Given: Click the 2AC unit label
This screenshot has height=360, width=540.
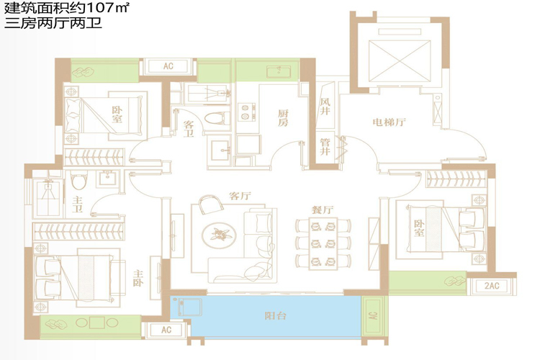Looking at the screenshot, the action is coord(492,286).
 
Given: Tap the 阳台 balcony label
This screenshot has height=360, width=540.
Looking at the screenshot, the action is coord(276,315).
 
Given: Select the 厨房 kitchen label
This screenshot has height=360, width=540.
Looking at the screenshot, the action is coord(283,118).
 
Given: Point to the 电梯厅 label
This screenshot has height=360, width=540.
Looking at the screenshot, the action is coord(389,122).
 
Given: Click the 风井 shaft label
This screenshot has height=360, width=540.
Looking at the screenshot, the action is coord(325,106).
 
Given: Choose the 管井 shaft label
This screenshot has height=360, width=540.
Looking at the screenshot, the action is coord(325,146).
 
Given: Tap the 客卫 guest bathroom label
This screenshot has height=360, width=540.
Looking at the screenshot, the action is coord(189,129).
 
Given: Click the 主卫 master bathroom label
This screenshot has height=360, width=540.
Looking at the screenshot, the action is coord(77,204).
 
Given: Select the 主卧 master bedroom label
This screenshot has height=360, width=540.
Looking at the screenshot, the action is coord(138,278).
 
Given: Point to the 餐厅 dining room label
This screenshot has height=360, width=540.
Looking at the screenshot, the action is coord(323,210).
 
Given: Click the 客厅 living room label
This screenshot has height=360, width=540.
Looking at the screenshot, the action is coord(240,196).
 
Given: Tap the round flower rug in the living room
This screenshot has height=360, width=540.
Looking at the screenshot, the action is coord(219,235).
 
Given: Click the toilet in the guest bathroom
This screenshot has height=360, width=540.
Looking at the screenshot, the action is coord(217,118).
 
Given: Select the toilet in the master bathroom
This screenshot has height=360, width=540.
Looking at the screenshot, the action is coord(79,181).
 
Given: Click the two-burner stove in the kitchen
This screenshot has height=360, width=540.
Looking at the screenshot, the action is coord(246,112).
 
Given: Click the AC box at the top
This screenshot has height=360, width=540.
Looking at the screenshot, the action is coord(168,66).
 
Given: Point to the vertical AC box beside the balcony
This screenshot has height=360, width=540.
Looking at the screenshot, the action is coord(374,315).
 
